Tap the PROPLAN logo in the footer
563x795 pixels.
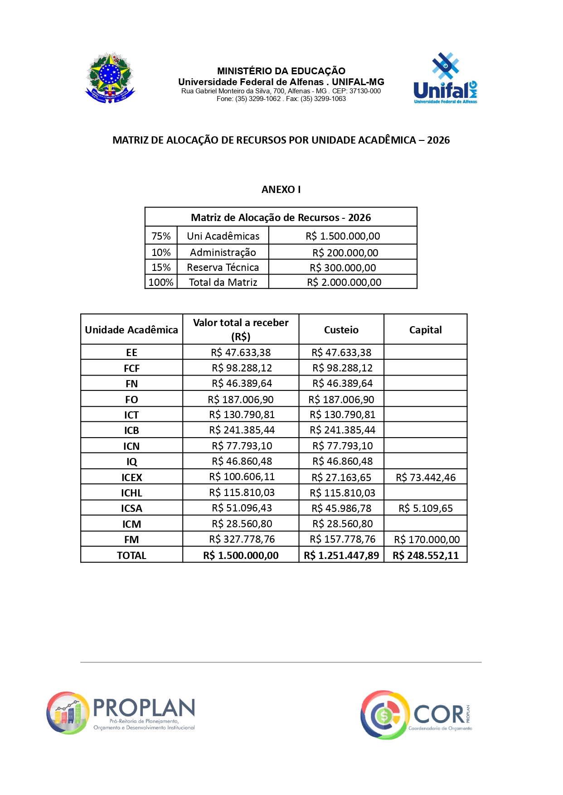coord(121,713)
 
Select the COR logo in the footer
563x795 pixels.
coord(416,715)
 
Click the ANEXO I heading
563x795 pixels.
coord(281,189)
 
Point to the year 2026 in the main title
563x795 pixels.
coord(438,140)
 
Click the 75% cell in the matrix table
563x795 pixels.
coord(161,236)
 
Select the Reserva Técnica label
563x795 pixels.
coord(223,267)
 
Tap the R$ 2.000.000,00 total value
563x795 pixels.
coord(344,282)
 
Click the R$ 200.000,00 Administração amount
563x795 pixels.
coord(345,252)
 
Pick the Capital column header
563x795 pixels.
coord(425,330)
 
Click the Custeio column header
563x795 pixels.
coord(341,330)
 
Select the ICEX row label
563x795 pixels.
coord(131,477)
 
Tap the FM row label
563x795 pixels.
coord(131,540)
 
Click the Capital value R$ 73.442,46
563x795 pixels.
coord(426,477)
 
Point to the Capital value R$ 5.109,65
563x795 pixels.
coord(426,508)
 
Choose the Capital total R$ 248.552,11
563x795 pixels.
coord(426,555)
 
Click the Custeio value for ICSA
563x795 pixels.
coord(341,508)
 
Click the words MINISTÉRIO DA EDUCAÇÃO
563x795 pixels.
coord(281,71)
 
